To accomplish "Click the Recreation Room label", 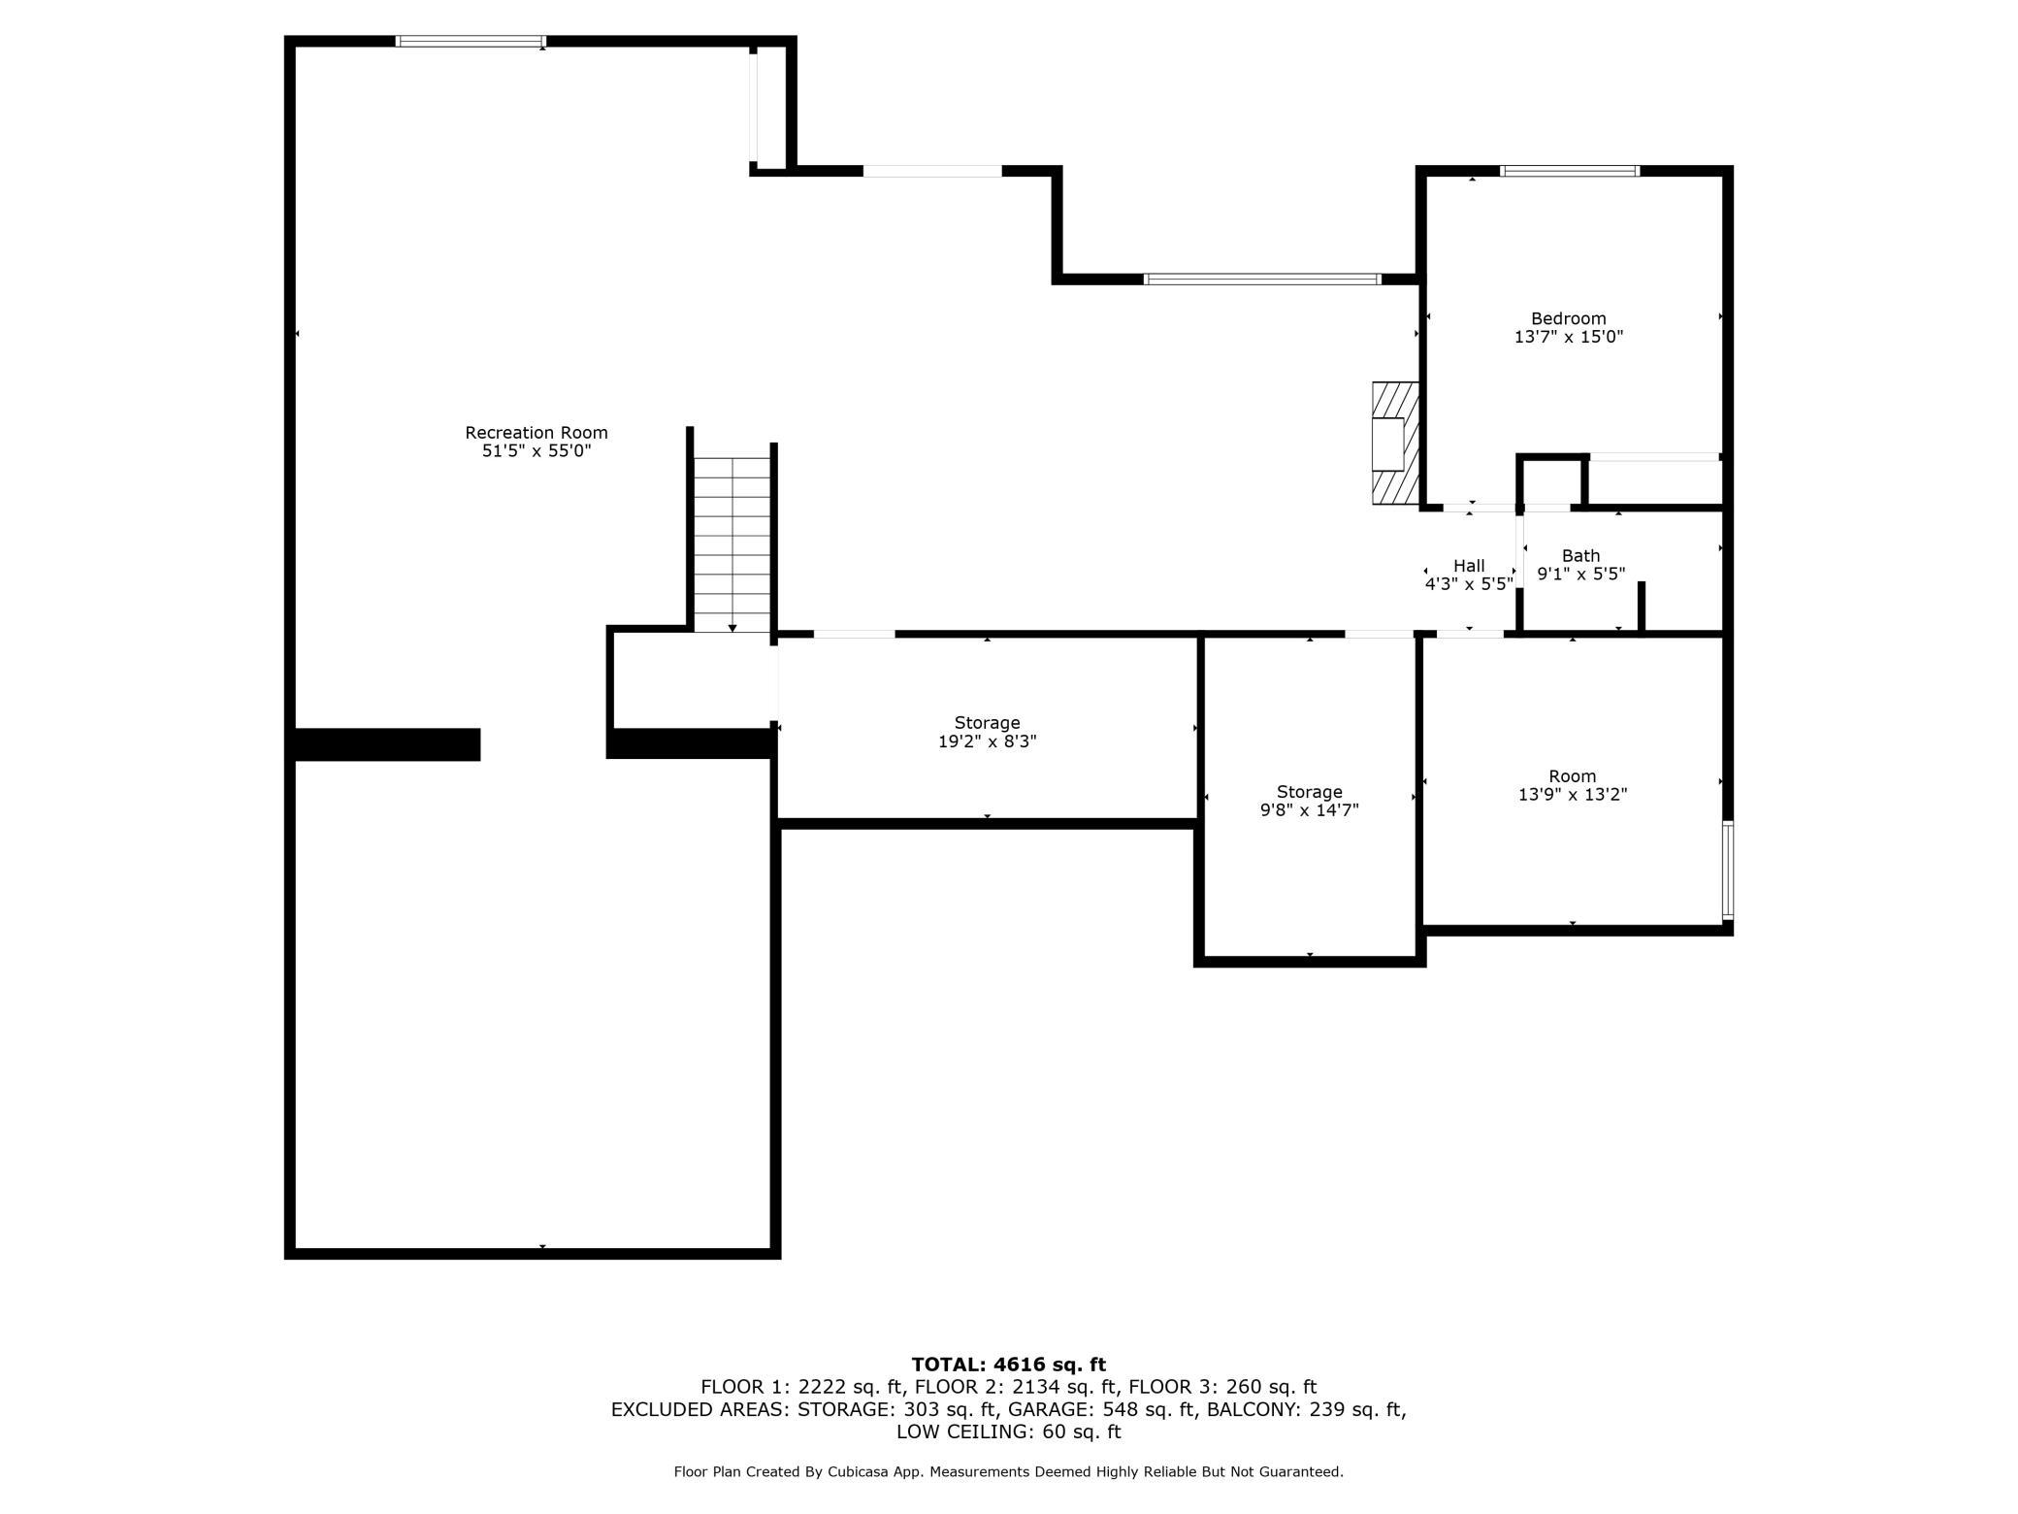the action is pyautogui.click(x=537, y=432).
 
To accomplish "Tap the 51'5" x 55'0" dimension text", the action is pyautogui.click(x=537, y=451).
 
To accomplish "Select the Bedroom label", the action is pyautogui.click(x=1569, y=318).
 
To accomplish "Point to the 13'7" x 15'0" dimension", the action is pyautogui.click(x=1569, y=337).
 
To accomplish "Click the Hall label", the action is pyautogui.click(x=1469, y=566).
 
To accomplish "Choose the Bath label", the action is pyautogui.click(x=1580, y=556).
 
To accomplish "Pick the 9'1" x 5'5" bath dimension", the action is pyautogui.click(x=1581, y=574).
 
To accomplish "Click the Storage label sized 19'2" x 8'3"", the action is pyautogui.click(x=987, y=723).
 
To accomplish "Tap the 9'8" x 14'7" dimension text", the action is pyautogui.click(x=1310, y=810).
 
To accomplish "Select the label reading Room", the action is pyautogui.click(x=1573, y=776).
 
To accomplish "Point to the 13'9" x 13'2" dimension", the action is pyautogui.click(x=1573, y=795).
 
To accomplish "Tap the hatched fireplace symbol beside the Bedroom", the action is pyautogui.click(x=1395, y=443).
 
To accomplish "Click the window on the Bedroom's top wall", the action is pyautogui.click(x=1570, y=171).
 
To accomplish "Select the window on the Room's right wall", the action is pyautogui.click(x=1728, y=870).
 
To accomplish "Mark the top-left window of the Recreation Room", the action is pyautogui.click(x=471, y=41).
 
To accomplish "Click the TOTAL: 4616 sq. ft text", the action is pyautogui.click(x=1009, y=1365).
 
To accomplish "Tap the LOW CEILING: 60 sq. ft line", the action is pyautogui.click(x=1009, y=1432).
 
